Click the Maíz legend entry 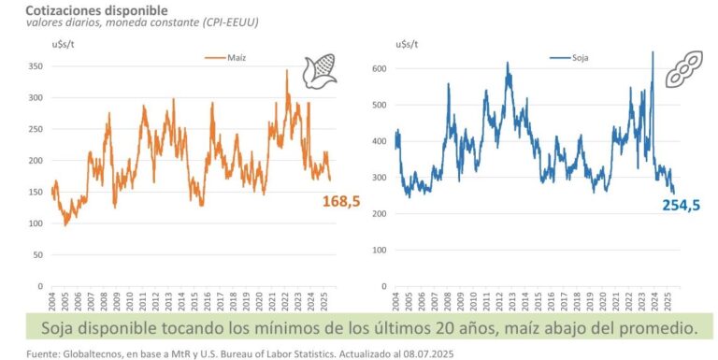(231, 57)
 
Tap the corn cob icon (319, 73)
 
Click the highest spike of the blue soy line (652, 52)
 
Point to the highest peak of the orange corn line (287, 70)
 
